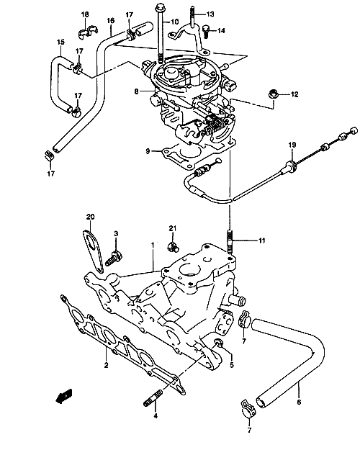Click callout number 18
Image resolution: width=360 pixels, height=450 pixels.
(85, 14)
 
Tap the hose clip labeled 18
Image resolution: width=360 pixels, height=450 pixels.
(88, 32)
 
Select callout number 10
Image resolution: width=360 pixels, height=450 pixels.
(175, 22)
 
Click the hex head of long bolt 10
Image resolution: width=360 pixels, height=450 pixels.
(159, 6)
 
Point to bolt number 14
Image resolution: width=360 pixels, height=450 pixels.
(206, 32)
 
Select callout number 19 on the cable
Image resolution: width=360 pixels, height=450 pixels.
(292, 145)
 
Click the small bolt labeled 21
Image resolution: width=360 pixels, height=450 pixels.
(172, 246)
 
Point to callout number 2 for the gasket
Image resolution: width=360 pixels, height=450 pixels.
(107, 365)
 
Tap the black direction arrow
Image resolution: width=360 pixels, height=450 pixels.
(64, 396)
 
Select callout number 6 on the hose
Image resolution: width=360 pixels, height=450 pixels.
(299, 402)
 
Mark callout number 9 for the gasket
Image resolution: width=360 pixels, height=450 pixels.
(148, 151)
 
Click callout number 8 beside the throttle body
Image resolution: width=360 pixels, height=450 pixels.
(136, 91)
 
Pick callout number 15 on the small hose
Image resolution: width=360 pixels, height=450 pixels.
(60, 42)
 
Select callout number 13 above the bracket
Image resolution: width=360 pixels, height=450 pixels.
(210, 14)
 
